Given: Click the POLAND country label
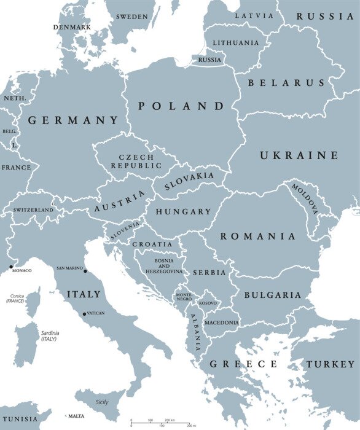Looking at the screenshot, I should pyautogui.click(x=181, y=106).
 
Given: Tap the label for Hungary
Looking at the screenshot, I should pyautogui.click(x=183, y=211).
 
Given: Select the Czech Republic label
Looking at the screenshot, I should pyautogui.click(x=136, y=162).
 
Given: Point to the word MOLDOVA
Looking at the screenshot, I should pyautogui.click(x=305, y=198).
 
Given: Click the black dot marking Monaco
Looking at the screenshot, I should pyautogui.click(x=10, y=267).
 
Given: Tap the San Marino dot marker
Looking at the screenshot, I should pyautogui.click(x=85, y=272).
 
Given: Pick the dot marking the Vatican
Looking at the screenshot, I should pyautogui.click(x=84, y=315).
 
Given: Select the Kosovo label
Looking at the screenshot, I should pyautogui.click(x=208, y=303).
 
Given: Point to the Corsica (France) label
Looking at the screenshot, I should pyautogui.click(x=15, y=298).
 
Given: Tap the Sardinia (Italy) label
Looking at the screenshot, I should pyautogui.click(x=50, y=335).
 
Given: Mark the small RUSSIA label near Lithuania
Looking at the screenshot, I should pyautogui.click(x=209, y=60).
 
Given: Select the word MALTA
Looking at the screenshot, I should pyautogui.click(x=76, y=416).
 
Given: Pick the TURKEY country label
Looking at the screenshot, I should pyautogui.click(x=331, y=364).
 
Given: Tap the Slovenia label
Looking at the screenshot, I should pyautogui.click(x=125, y=230).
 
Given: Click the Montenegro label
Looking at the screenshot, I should pyautogui.click(x=184, y=296).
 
